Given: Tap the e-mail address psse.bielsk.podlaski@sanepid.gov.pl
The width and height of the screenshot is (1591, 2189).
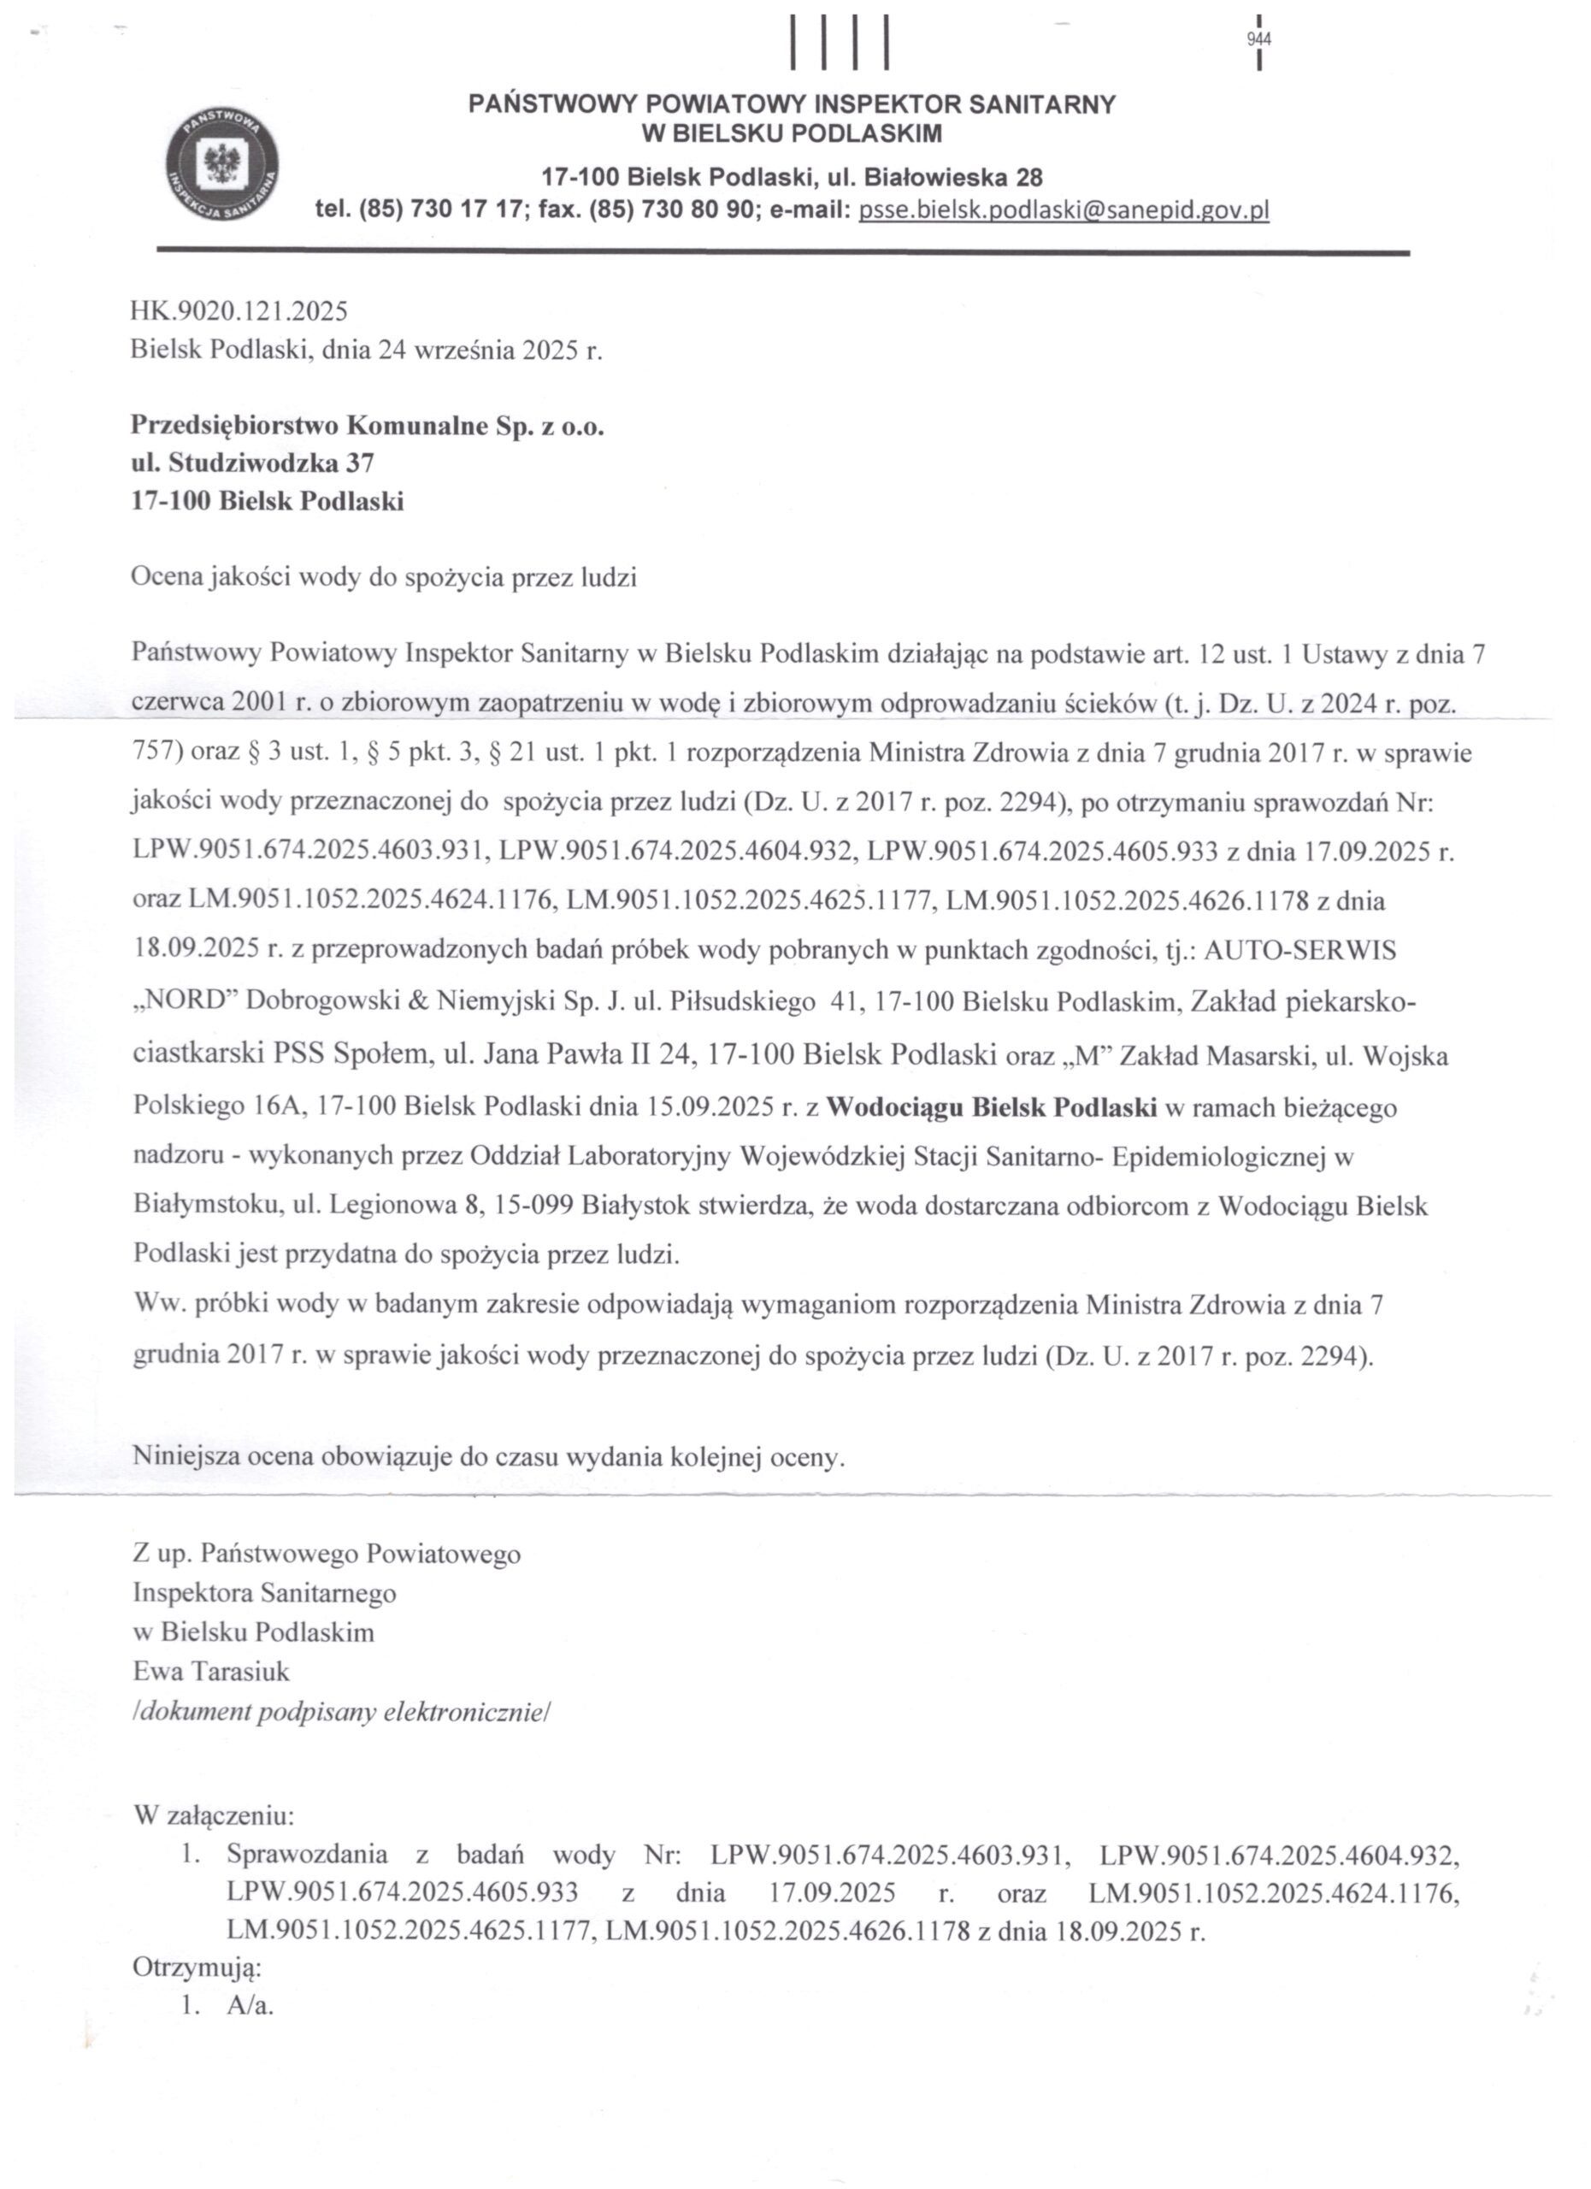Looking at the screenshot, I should click(x=1064, y=209).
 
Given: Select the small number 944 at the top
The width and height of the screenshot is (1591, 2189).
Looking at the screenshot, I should click(x=1259, y=39).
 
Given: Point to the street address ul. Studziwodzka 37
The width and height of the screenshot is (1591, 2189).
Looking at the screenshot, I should click(x=252, y=463).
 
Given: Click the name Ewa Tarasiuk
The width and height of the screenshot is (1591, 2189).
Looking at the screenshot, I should click(x=211, y=1671).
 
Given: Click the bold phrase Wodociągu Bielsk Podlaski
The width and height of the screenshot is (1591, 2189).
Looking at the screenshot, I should click(x=991, y=1107).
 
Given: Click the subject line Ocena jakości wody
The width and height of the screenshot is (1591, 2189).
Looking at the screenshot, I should click(x=383, y=578).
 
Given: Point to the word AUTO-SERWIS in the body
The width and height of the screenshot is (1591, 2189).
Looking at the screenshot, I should click(x=1299, y=950).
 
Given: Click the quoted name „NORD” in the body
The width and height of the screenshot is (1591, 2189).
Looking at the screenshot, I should click(x=186, y=1001).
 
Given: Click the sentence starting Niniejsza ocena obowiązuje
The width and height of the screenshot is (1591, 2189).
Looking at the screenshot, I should click(x=488, y=1456).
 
